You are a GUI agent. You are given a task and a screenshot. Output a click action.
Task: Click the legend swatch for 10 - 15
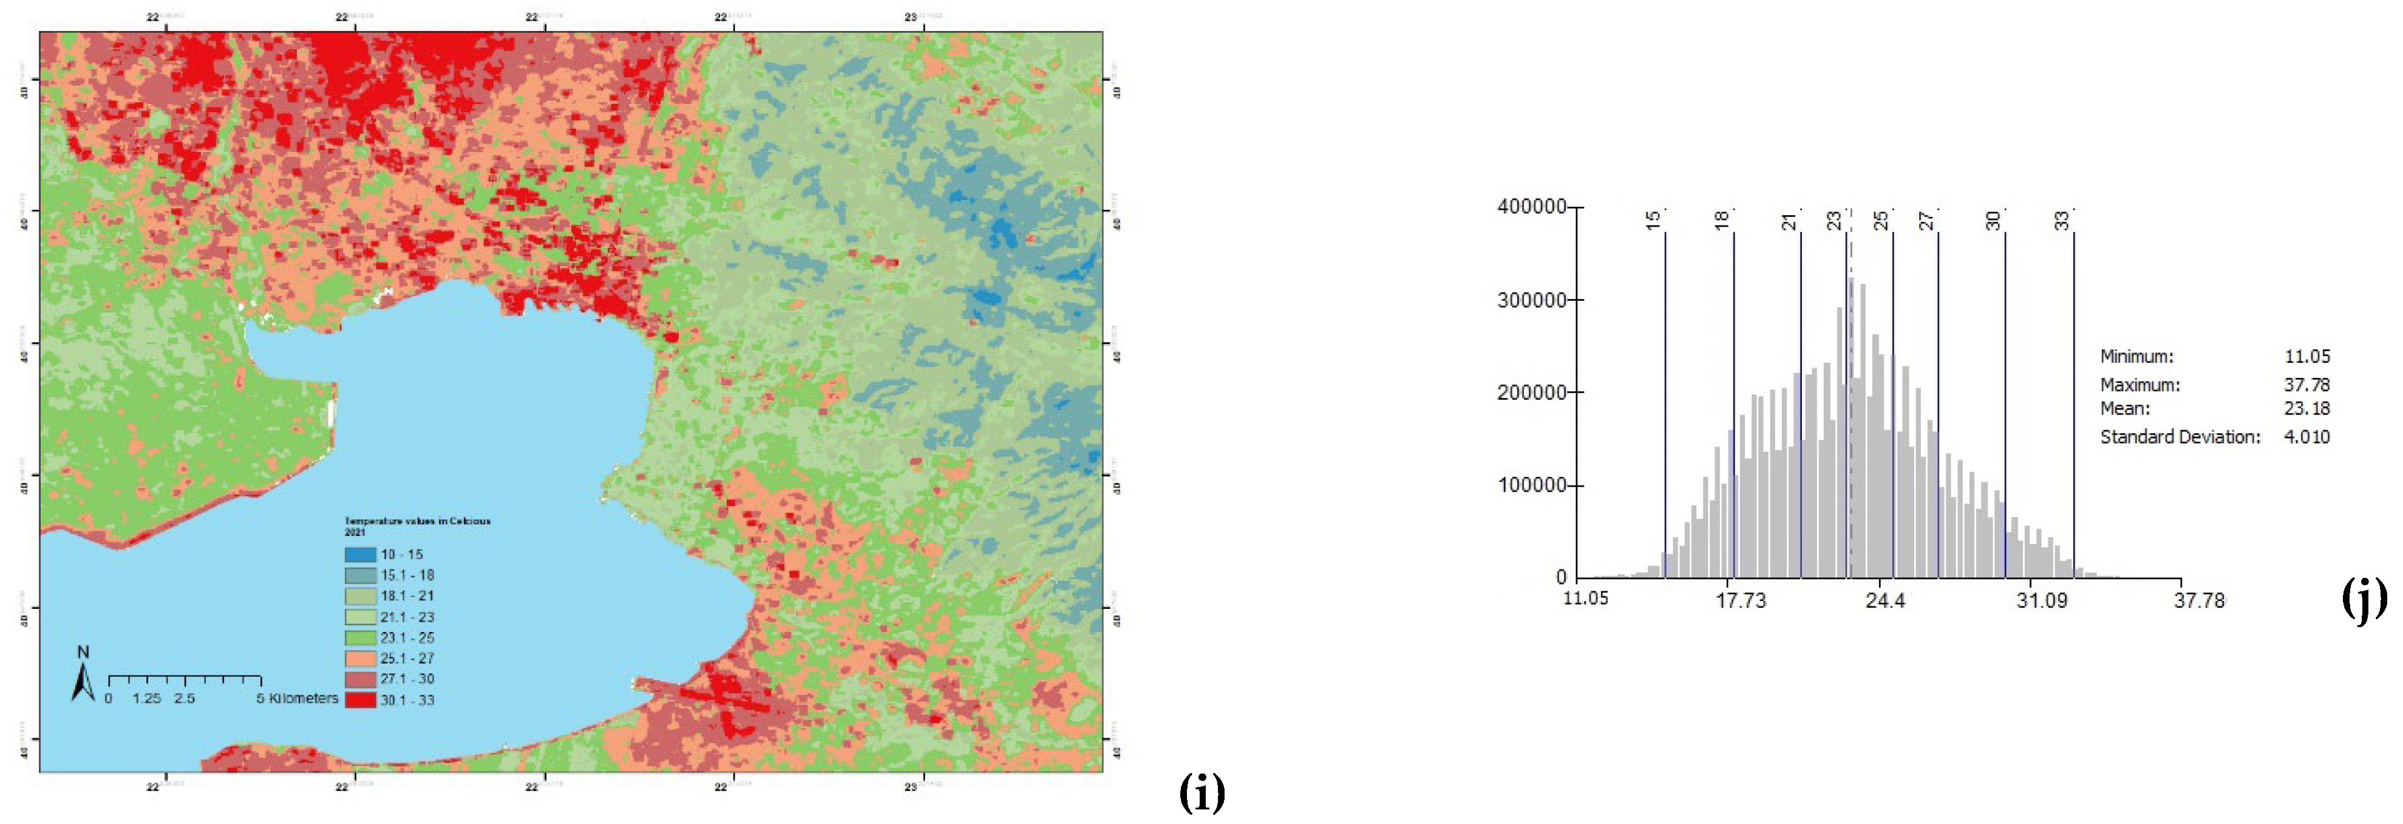pos(360,554)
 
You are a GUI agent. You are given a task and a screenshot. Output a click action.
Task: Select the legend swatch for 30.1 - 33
pos(360,700)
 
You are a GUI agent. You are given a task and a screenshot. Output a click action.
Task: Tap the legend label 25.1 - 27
pos(407,659)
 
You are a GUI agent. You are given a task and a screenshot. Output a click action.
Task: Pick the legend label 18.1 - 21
pos(407,596)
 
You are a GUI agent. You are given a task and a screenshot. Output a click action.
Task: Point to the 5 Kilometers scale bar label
pos(297,699)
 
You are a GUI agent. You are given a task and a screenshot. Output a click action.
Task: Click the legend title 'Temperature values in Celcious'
pos(417,521)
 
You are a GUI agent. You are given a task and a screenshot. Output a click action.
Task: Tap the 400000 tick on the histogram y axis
pos(1531,207)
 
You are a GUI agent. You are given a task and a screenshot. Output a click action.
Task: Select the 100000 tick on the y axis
pos(1531,486)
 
